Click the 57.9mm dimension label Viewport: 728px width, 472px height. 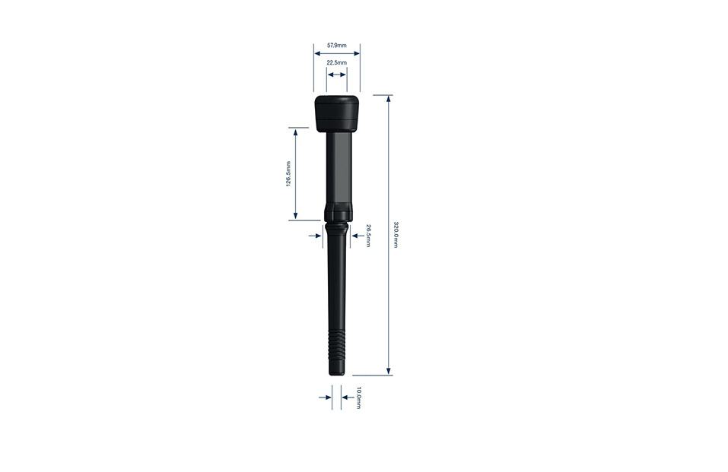point(336,46)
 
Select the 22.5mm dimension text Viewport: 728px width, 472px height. point(336,62)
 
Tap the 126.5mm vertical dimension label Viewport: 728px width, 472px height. point(288,174)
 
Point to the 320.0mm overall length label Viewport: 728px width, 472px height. point(396,235)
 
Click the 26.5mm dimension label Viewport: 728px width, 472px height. point(368,236)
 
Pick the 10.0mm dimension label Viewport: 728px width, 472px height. point(358,398)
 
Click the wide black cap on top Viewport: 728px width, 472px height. point(337,112)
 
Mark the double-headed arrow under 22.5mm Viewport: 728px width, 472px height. point(336,74)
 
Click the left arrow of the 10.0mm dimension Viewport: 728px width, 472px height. point(327,398)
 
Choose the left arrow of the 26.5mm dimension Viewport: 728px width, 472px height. point(317,236)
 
